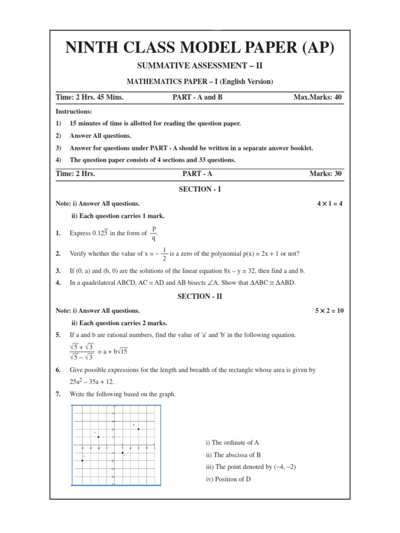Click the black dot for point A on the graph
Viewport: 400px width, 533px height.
coord(98,437)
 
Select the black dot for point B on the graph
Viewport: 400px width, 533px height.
coord(139,429)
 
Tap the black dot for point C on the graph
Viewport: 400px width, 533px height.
coord(83,461)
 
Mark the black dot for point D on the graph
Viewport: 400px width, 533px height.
coord(122,453)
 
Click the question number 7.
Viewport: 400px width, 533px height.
coord(58,394)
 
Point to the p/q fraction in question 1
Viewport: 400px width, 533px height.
coord(154,233)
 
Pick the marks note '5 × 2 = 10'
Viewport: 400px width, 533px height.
coord(329,310)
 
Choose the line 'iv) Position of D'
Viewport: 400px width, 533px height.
coord(228,479)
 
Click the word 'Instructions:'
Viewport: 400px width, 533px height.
coord(73,111)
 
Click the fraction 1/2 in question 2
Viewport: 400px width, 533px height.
coord(165,254)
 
